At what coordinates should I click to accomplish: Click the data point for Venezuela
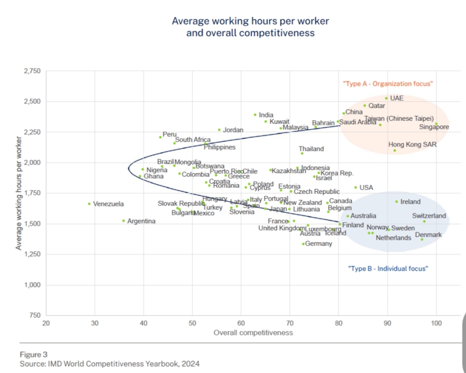click(x=89, y=204)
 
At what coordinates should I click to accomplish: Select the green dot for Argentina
click(x=123, y=220)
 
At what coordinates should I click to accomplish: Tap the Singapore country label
click(x=434, y=127)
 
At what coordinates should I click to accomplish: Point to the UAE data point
click(x=386, y=98)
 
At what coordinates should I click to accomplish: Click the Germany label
click(x=319, y=244)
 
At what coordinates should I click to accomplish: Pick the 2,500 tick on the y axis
click(x=32, y=101)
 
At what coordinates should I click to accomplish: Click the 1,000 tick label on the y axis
click(x=32, y=285)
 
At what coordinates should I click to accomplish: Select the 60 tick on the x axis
click(x=241, y=323)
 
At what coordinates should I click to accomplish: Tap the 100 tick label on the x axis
click(x=436, y=323)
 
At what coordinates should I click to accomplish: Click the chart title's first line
click(x=250, y=21)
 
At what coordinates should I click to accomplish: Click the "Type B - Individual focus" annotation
click(x=388, y=269)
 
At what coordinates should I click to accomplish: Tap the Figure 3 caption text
click(x=34, y=354)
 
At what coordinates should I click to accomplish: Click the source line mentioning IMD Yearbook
click(x=109, y=363)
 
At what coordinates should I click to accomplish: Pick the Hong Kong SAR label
click(x=412, y=145)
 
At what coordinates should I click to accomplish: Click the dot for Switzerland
click(x=424, y=221)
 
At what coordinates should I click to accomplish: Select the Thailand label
click(x=311, y=149)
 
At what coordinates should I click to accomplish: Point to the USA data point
click(x=355, y=187)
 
